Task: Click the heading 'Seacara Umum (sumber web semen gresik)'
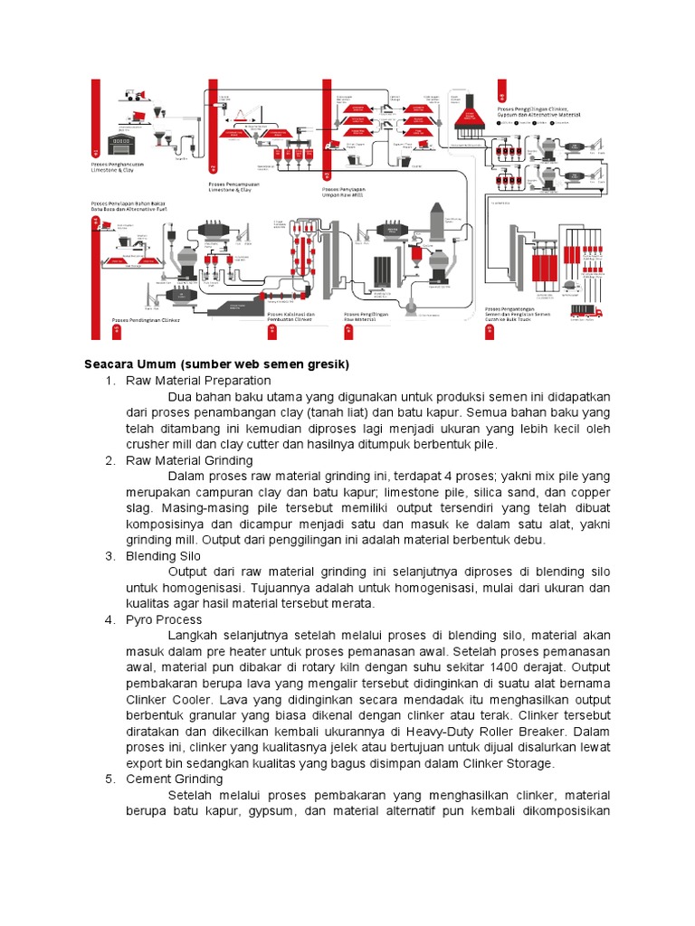pos(216,364)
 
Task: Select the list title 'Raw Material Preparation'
pos(198,381)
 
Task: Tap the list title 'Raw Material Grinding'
pos(189,460)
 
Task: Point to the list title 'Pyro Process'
pos(164,619)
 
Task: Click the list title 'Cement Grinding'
pos(175,779)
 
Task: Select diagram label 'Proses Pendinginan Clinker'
pos(146,320)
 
